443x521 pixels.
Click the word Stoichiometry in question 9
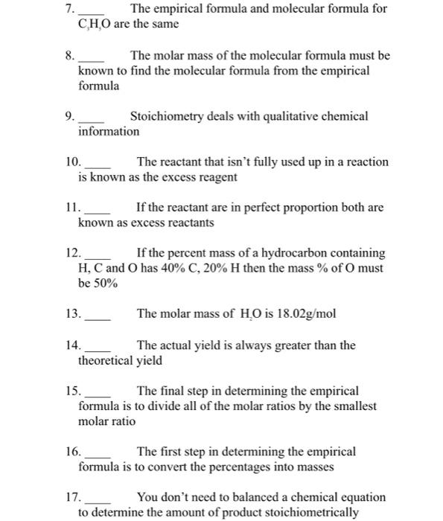point(165,117)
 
